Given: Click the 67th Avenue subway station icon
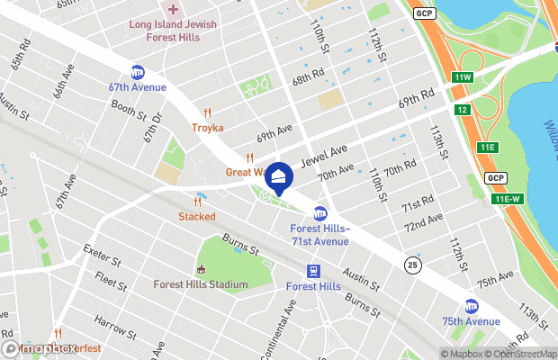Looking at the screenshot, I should coord(138,72).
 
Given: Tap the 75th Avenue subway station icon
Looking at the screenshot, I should coord(472,306).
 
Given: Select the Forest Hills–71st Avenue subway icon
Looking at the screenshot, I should coord(319,213).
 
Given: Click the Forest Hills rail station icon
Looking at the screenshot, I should coord(313,271).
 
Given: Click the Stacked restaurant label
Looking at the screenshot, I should coord(196,216).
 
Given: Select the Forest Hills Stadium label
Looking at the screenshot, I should coord(201,284).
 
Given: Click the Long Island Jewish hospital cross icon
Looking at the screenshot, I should coord(173,10).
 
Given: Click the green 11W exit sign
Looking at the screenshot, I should coord(463,77).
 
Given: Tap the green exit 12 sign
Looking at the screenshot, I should coord(462,110).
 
